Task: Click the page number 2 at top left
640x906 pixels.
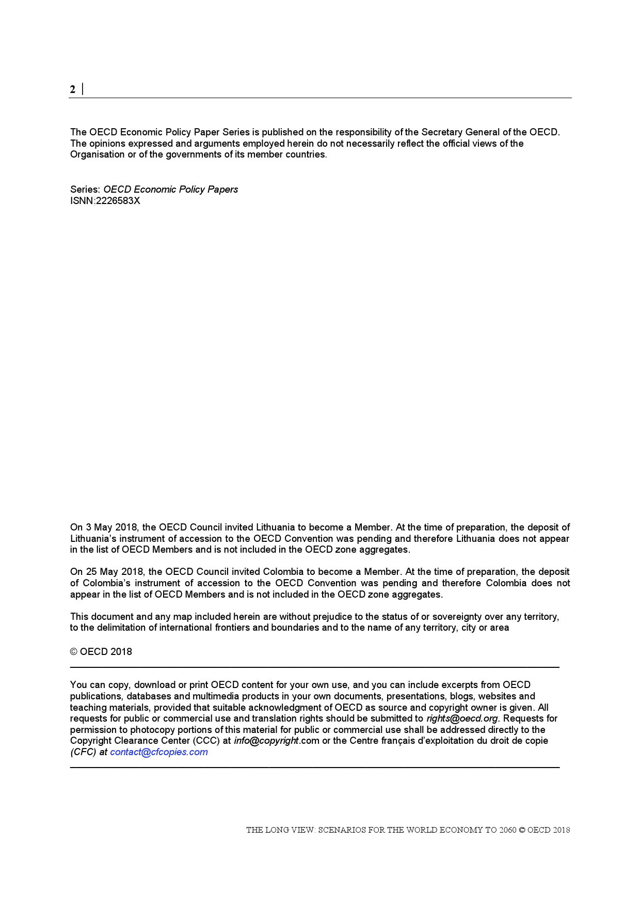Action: point(73,89)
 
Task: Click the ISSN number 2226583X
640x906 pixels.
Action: point(118,201)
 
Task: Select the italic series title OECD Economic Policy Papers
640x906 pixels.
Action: point(170,190)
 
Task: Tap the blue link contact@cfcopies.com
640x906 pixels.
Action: point(158,752)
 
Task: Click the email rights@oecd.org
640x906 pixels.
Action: point(462,718)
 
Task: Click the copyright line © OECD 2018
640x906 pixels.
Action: point(101,652)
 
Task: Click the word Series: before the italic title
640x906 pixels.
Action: point(85,190)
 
